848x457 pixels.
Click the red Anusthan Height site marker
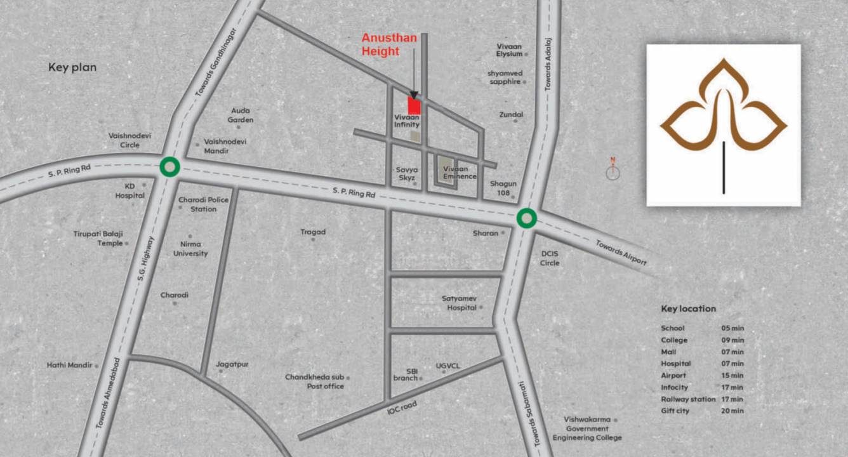coord(414,105)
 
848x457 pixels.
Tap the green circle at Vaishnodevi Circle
coord(169,167)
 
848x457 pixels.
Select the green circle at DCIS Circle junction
coord(526,218)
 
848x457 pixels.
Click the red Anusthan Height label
coord(389,44)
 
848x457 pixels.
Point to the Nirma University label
coord(190,249)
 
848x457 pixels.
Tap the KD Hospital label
coord(129,190)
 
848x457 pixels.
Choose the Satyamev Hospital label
coord(461,303)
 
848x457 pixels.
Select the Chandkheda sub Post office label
coord(315,381)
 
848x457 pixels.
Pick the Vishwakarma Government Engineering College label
coord(587,428)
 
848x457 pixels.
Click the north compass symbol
coord(613,171)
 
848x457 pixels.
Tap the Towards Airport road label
coord(621,252)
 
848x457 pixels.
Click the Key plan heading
coord(72,67)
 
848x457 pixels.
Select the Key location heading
coord(688,309)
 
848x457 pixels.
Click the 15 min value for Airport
coord(732,375)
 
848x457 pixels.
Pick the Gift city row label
coord(675,411)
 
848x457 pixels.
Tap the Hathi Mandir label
coord(69,365)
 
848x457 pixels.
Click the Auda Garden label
coord(242,115)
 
